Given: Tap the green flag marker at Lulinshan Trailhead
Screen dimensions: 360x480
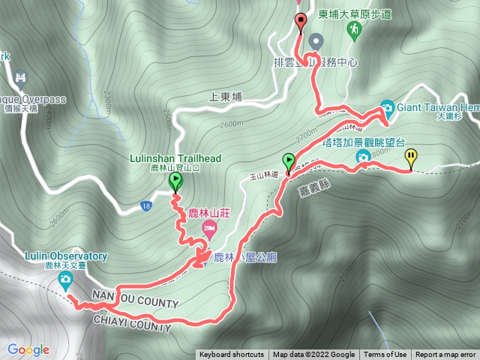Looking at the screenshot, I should coord(175,181).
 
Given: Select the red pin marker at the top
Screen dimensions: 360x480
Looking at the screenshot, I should coord(301,21).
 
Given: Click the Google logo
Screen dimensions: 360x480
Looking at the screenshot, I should coord(28,349).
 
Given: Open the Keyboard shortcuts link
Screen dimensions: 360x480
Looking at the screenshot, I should coord(232,355).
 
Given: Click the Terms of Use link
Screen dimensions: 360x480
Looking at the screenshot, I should coord(385,355).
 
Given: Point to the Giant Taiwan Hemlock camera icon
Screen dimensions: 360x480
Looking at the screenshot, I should coord(386,106).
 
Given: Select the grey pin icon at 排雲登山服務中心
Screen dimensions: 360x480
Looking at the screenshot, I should coord(315,40).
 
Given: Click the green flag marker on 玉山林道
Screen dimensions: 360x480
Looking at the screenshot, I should coord(289,160).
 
